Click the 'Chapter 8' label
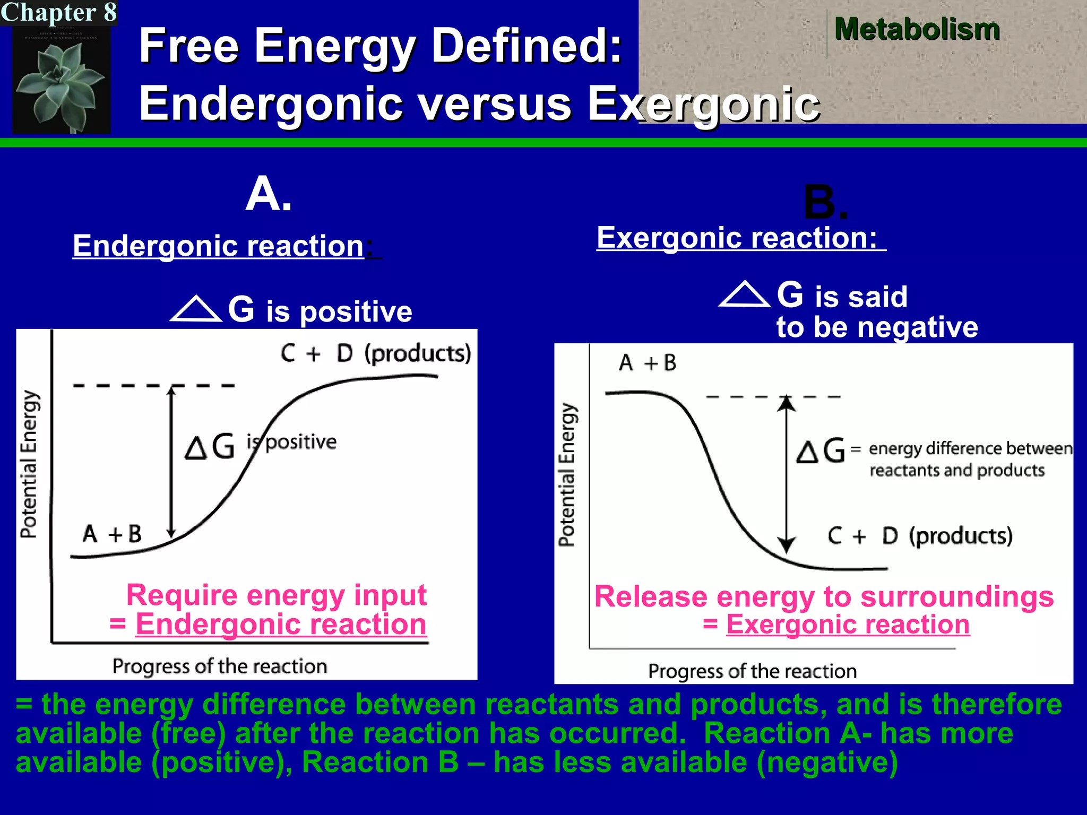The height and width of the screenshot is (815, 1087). click(58, 12)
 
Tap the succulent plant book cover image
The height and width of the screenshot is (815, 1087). click(61, 80)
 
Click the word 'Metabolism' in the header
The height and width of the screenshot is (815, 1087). click(917, 29)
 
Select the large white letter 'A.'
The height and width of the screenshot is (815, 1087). click(269, 194)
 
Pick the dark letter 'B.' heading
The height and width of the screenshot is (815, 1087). click(825, 202)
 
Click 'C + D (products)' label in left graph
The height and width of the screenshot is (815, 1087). click(376, 353)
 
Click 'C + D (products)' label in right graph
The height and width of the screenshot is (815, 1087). click(920, 536)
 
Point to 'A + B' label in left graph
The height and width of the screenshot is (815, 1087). click(112, 534)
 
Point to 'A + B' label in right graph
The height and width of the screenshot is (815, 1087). click(648, 363)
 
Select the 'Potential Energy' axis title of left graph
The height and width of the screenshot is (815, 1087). click(29, 464)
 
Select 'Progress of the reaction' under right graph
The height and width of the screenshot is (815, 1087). click(752, 671)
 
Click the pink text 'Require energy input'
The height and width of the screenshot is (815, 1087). click(276, 595)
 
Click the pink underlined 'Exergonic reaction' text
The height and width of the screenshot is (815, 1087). click(848, 625)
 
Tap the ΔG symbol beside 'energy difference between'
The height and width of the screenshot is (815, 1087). click(821, 451)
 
